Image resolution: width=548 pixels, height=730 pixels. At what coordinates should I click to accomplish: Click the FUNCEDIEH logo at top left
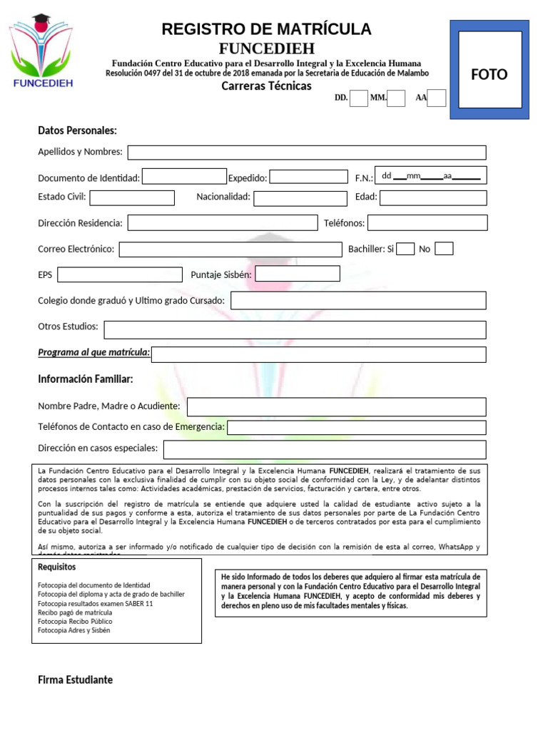click(x=42, y=52)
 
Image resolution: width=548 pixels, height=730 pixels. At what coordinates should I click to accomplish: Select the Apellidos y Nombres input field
click(x=307, y=153)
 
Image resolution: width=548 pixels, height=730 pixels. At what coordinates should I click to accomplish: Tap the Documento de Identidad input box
click(x=184, y=177)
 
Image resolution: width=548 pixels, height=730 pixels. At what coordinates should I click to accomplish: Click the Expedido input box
click(x=308, y=177)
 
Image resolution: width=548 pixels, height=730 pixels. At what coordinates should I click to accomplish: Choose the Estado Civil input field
click(x=132, y=197)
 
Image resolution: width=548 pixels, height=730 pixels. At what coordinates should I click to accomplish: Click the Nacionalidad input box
click(x=300, y=197)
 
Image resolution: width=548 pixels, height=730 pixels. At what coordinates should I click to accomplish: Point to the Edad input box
click(x=433, y=197)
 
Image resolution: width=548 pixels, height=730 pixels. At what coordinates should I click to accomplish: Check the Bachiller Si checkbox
click(x=405, y=249)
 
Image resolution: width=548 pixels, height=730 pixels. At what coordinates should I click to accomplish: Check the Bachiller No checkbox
click(x=444, y=249)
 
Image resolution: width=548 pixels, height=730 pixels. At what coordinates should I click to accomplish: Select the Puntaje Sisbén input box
click(x=298, y=274)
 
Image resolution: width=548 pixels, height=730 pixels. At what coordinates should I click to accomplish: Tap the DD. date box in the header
click(x=359, y=98)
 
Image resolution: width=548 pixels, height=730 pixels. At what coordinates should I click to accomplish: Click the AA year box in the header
click(x=437, y=98)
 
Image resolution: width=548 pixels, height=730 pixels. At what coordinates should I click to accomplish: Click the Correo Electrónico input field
click(x=230, y=250)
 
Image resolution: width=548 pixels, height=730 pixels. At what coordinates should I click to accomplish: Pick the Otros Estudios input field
click(x=295, y=329)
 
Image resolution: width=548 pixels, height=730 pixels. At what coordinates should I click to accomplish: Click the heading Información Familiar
click(x=86, y=379)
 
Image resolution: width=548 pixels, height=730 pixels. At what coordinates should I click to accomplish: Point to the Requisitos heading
click(x=56, y=567)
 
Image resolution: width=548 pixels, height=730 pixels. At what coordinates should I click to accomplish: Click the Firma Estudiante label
click(x=75, y=679)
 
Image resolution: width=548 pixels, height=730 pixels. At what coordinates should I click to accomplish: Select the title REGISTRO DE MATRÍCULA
click(x=266, y=29)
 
